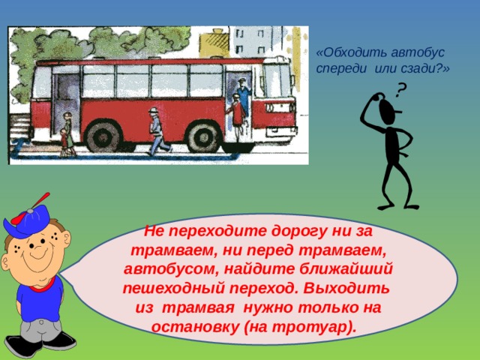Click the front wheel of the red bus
point(203,136)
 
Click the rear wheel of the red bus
point(103,136)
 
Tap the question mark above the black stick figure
point(400,91)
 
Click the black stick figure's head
point(388,112)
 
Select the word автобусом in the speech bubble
point(171,269)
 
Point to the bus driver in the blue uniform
point(243,96)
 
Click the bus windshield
point(277,81)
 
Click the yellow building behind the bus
point(215,43)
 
